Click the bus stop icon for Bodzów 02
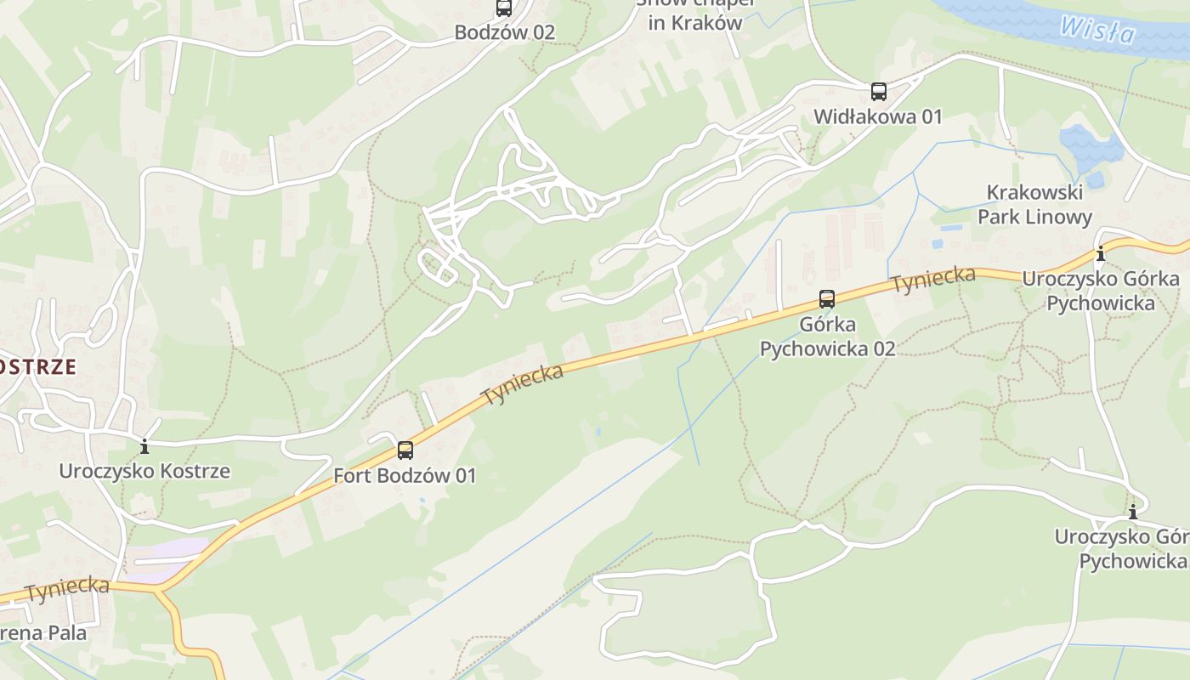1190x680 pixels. [504, 8]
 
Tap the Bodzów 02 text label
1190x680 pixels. [504, 33]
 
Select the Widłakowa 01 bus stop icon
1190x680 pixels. [879, 91]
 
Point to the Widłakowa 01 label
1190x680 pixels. [878, 116]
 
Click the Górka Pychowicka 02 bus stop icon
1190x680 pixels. [827, 298]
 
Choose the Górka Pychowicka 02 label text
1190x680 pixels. [827, 337]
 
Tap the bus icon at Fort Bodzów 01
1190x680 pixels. [405, 450]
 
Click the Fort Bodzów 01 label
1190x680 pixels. [405, 476]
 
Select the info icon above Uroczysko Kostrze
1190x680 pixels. [144, 445]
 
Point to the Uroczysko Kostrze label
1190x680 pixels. [144, 471]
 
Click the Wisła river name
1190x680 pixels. [1097, 30]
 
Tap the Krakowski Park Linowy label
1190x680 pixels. [1034, 205]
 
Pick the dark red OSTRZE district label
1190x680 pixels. [38, 367]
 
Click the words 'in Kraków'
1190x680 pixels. [695, 23]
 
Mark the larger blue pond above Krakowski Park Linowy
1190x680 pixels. [1091, 146]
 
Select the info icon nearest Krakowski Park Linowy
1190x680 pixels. [1101, 253]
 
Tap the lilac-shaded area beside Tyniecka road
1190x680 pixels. [167, 560]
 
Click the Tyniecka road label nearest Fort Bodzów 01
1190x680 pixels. [522, 385]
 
